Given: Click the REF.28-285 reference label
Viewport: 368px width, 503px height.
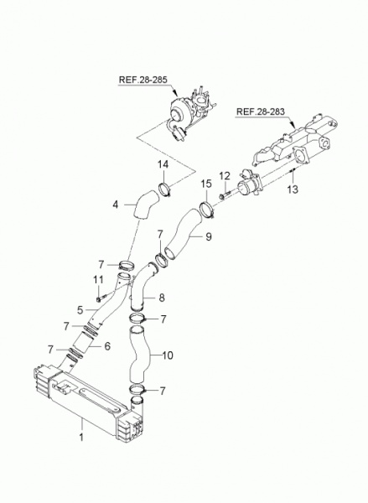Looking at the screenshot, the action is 143,80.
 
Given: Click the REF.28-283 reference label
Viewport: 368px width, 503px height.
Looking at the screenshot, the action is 261,111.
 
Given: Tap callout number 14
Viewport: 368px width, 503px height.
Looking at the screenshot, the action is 163,164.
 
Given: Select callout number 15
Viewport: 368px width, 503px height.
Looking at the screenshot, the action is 206,184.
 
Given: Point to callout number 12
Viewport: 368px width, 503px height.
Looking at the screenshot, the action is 225,176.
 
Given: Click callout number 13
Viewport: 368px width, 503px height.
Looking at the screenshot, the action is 293,189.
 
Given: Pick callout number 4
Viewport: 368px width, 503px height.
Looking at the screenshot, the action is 116,205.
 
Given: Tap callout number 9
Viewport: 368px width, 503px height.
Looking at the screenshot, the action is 209,237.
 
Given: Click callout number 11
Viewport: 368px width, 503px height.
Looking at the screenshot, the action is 99,280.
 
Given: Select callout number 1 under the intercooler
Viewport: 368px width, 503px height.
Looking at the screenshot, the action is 81,437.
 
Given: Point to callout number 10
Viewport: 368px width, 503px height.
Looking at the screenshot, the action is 168,355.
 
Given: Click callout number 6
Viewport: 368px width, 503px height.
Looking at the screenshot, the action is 107,346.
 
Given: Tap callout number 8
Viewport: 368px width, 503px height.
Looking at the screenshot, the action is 162,298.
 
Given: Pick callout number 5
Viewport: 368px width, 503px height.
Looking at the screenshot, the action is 80,310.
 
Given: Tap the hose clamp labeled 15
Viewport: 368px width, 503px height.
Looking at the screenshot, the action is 206,209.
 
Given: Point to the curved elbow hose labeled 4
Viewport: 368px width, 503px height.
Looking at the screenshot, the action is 146,205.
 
